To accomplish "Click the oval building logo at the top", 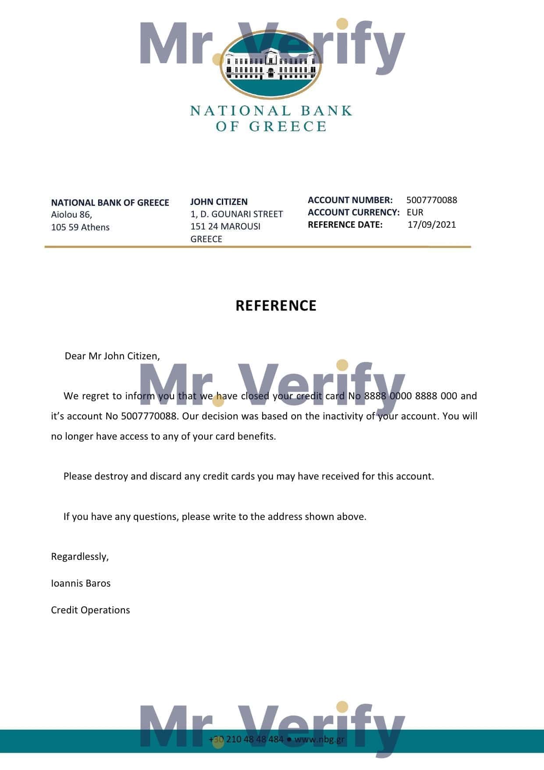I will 270,64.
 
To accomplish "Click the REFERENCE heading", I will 276,306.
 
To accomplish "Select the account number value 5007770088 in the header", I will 431,200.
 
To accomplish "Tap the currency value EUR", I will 415,212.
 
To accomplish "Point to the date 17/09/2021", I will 431,225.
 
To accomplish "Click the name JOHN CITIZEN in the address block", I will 219,202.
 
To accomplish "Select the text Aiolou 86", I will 71,215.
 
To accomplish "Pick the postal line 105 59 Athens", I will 80,227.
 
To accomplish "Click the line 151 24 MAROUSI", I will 225,226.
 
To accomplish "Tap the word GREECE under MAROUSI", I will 206,239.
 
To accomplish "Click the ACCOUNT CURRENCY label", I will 353,212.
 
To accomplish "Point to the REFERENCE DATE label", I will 345,225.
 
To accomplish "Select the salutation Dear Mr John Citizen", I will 112,356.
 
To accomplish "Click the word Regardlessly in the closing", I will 79,557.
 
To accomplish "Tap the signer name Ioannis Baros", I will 81,584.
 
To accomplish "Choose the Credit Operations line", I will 90,610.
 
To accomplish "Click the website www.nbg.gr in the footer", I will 319,739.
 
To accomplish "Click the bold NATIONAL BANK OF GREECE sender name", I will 110,203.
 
